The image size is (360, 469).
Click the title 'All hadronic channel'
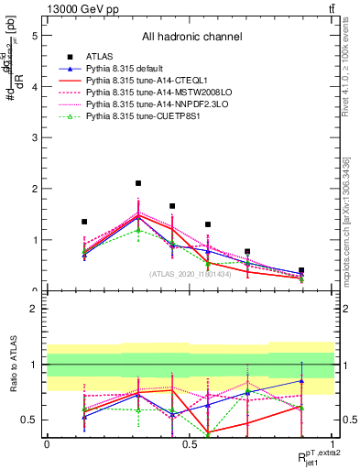click(191, 38)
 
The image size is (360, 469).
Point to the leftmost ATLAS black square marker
click(84, 222)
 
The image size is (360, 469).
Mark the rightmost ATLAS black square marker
click(301, 271)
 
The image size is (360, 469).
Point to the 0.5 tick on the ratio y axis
click(32, 420)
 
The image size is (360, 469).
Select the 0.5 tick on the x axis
click(190, 444)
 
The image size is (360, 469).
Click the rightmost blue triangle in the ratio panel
click(301, 380)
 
